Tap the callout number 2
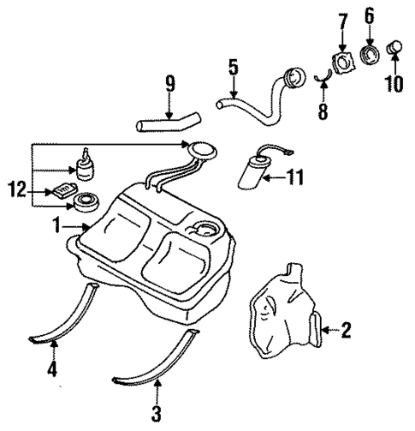(346, 329)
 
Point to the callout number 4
(52, 370)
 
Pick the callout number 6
(370, 15)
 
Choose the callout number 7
(342, 18)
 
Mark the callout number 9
(169, 85)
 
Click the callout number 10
(395, 85)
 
